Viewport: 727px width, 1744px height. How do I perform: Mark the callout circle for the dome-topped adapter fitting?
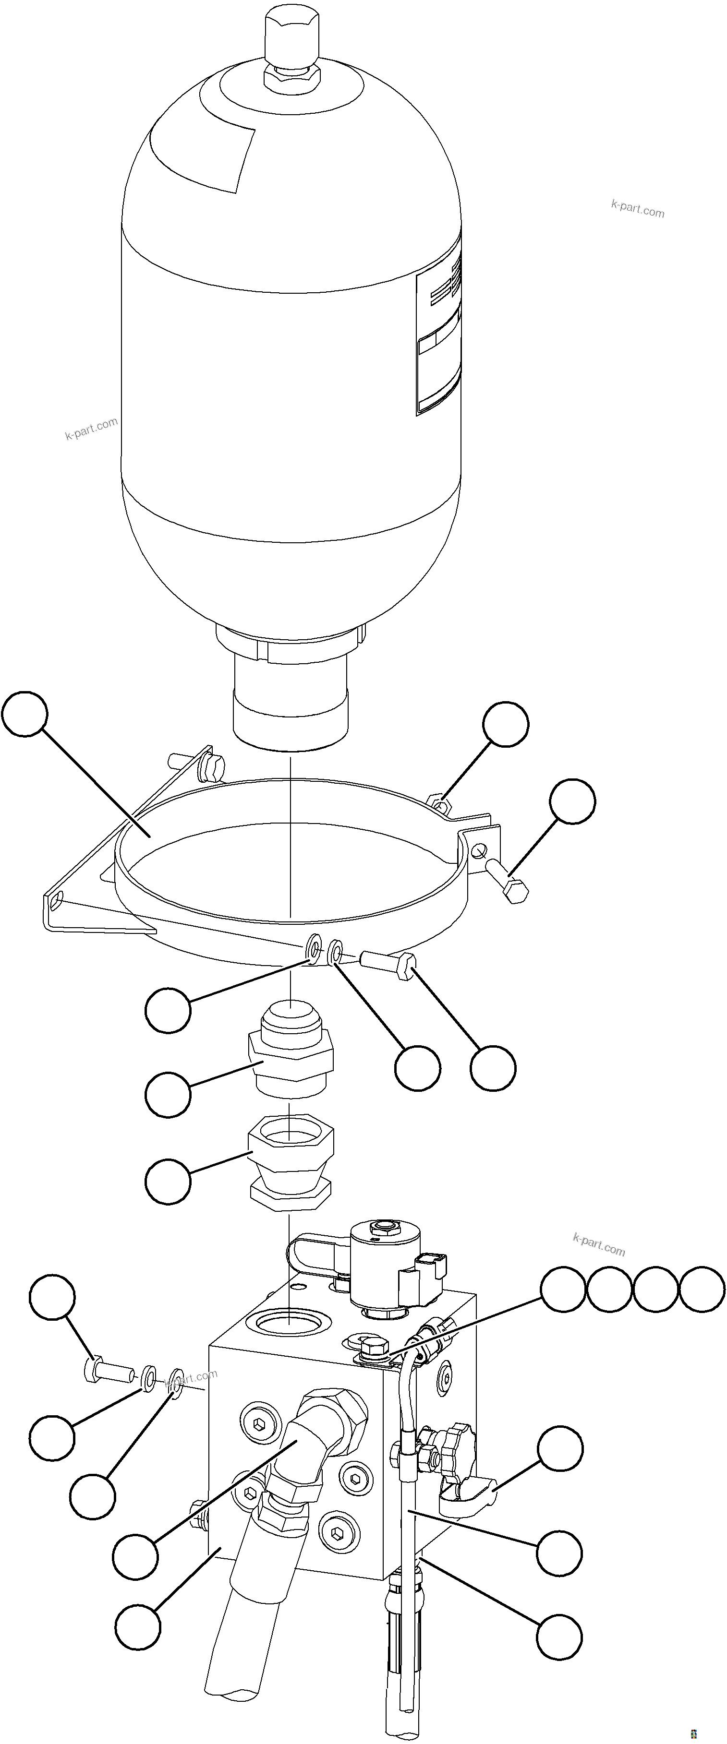(168, 1095)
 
